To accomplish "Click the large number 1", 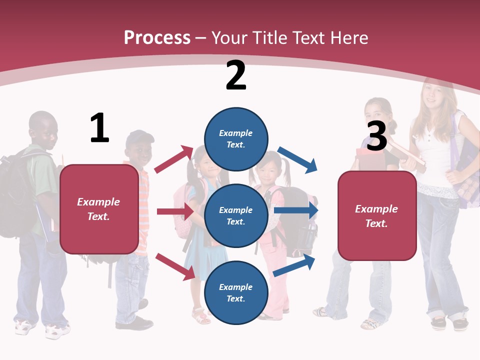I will click(99, 128).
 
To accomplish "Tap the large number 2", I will click(236, 75).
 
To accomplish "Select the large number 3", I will click(377, 136).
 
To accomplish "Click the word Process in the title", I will click(157, 37).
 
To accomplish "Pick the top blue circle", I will click(236, 139).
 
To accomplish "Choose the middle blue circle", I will click(236, 215).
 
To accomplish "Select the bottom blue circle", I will click(236, 292).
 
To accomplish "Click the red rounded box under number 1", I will click(99, 209).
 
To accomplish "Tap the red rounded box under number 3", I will click(377, 215).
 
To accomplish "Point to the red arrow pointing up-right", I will click(173, 159).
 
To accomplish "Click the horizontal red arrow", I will click(175, 211).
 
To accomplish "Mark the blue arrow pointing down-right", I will click(297, 159).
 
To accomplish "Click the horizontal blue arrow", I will click(296, 210).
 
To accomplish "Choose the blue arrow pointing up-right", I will click(294, 265).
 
